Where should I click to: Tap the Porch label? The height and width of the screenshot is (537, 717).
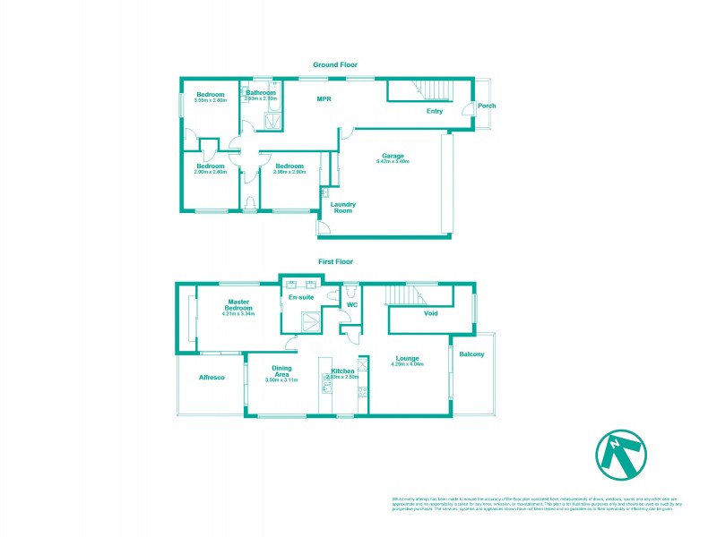tap(487, 106)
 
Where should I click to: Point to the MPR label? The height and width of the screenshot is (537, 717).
tap(324, 98)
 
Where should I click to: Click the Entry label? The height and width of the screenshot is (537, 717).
tap(435, 112)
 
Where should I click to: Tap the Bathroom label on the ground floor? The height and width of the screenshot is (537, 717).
tap(261, 92)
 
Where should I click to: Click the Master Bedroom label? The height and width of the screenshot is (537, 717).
tap(238, 305)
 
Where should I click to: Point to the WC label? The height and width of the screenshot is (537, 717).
tap(352, 305)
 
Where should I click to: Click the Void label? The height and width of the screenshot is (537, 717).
tap(431, 313)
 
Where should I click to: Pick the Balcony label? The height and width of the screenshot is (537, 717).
tap(471, 355)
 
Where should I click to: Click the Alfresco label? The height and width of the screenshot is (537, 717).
tap(211, 379)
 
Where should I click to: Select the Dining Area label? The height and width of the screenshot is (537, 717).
tap(281, 371)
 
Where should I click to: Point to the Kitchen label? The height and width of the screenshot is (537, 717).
tap(344, 371)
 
